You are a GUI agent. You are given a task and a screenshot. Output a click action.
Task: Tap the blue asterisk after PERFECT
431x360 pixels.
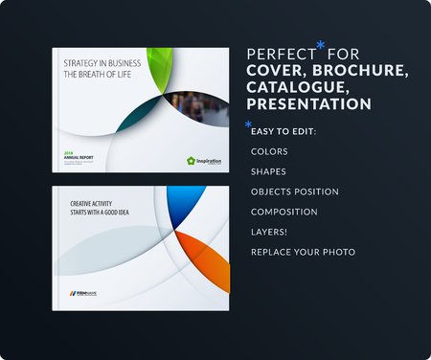321,45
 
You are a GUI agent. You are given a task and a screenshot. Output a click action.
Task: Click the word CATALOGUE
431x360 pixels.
292,87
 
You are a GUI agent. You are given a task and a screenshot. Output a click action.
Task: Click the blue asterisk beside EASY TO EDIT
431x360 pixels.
248,124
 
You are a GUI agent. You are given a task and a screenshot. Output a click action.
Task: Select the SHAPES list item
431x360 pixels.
267,171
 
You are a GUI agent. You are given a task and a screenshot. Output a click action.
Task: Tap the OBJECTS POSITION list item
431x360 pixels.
294,191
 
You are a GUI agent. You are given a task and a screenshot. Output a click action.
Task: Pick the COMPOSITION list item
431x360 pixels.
284,212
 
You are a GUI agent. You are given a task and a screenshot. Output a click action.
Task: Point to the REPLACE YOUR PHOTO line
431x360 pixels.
302,252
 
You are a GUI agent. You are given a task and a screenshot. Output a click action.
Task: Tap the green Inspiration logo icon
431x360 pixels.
191,162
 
